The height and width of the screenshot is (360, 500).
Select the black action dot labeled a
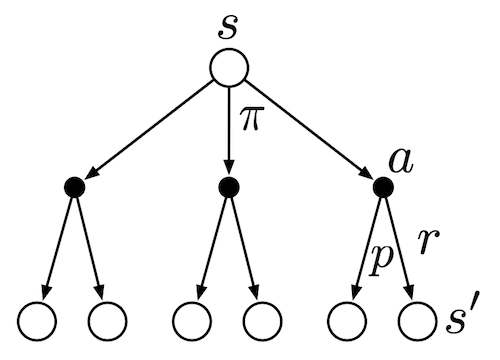[x=381, y=186]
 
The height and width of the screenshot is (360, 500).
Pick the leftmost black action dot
[x=74, y=186]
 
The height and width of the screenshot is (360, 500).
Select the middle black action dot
[x=229, y=186]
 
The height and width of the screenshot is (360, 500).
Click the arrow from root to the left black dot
[x=150, y=130]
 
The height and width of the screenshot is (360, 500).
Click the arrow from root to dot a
[x=308, y=130]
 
